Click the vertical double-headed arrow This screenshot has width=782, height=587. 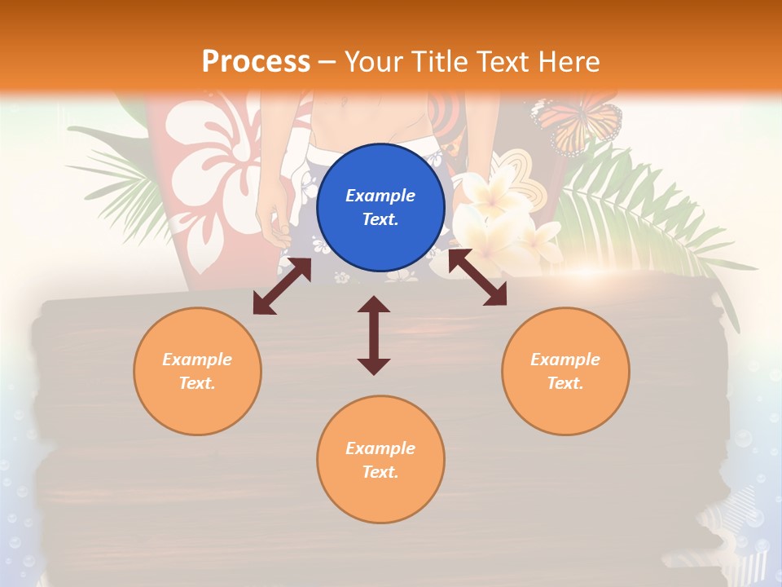point(374,335)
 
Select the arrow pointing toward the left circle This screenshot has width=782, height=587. point(282,286)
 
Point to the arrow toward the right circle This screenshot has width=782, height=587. point(478,277)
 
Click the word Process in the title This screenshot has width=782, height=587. point(256,61)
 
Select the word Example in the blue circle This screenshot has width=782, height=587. point(380,196)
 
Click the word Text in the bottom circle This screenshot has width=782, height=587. point(378,472)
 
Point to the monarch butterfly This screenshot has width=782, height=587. point(577,122)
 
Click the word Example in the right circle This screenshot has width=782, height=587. point(565,360)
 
